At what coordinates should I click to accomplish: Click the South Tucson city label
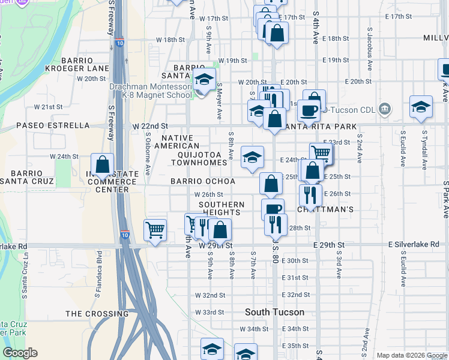274,313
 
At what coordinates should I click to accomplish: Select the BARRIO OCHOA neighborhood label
202,181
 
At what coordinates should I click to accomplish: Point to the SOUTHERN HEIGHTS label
223,208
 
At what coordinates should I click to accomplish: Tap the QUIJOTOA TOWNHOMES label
198,158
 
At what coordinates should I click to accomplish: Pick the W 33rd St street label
209,312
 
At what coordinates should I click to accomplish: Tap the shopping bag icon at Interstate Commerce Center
102,164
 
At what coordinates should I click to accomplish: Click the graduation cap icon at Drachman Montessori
204,80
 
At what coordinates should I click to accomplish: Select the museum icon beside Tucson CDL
385,110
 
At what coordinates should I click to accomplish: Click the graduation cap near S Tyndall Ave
421,106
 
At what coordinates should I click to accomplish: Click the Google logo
20,353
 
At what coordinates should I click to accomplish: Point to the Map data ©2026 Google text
412,355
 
